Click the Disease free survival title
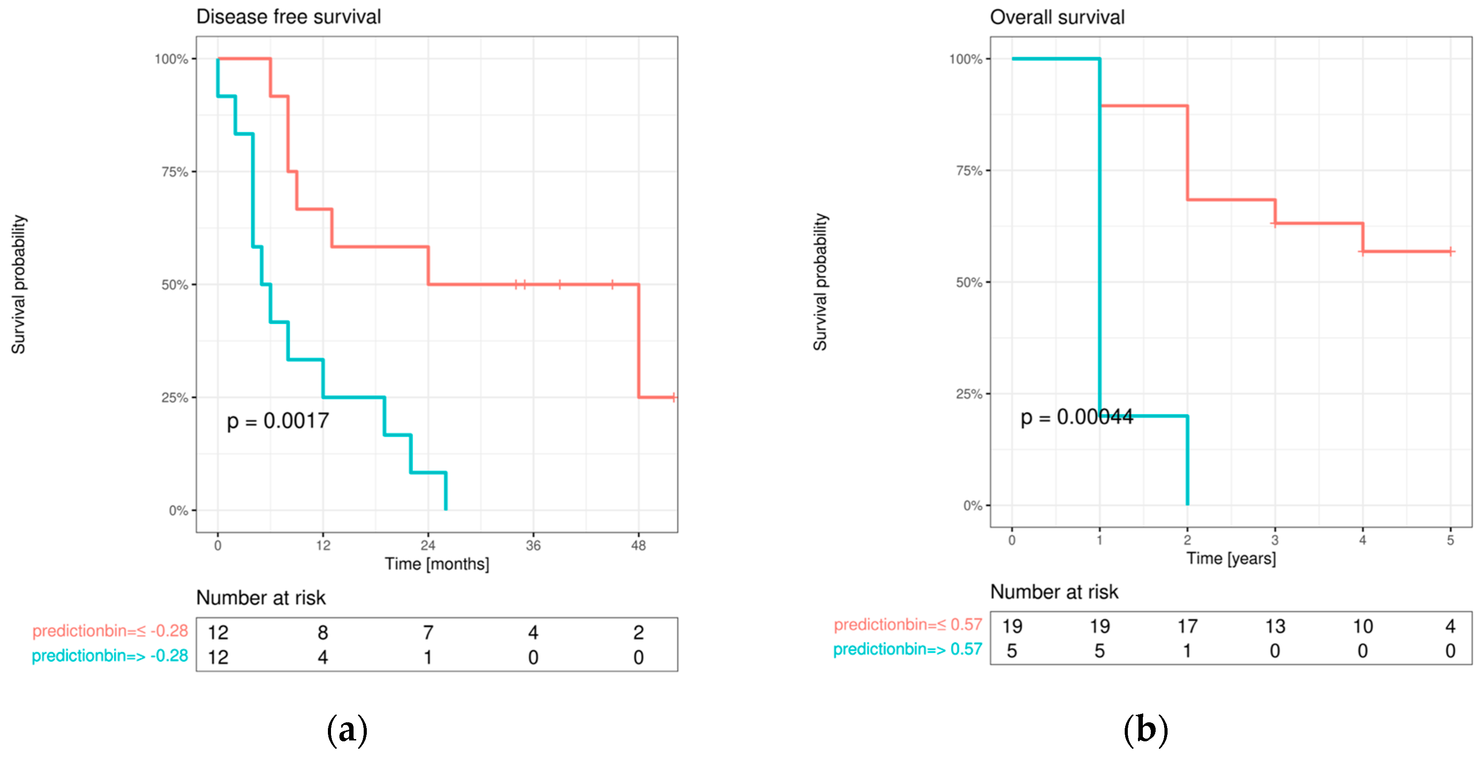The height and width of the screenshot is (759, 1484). (289, 17)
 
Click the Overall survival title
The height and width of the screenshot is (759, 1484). (1057, 17)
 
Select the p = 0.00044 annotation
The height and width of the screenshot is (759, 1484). (1076, 417)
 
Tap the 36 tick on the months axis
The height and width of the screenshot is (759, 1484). (533, 545)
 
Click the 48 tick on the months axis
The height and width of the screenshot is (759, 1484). (638, 545)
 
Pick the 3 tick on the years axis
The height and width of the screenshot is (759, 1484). (1275, 540)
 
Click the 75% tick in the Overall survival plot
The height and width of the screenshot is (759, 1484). (969, 171)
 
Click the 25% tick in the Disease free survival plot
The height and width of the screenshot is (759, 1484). (175, 398)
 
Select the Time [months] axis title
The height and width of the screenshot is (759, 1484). (437, 564)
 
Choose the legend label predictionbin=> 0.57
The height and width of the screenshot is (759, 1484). (907, 649)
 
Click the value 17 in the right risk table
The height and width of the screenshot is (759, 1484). (1187, 626)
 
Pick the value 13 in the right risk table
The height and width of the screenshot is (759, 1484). (1275, 626)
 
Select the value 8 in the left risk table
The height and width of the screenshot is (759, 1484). (323, 632)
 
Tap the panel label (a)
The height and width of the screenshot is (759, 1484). (347, 730)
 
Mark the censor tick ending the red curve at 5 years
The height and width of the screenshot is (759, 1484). (1450, 251)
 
